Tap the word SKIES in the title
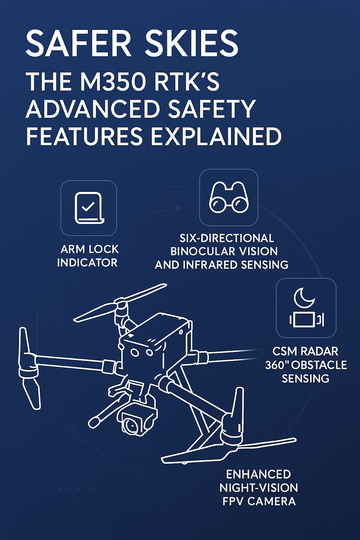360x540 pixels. tap(192, 43)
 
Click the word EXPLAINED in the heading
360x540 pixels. tap(216, 136)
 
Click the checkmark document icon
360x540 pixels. tap(89, 208)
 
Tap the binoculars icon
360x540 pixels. tap(228, 197)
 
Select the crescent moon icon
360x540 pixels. tap(304, 298)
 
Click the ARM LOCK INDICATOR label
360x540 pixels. tap(88, 256)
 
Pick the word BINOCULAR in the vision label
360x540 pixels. tap(199, 251)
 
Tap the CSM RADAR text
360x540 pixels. tap(305, 351)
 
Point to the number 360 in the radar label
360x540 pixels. tap(274, 365)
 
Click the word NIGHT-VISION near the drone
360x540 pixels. tap(259, 488)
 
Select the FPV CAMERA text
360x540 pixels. tap(259, 501)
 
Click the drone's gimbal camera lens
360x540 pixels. tap(131, 426)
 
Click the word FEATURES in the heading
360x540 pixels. tap(84, 136)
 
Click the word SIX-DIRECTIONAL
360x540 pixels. tap(227, 238)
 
